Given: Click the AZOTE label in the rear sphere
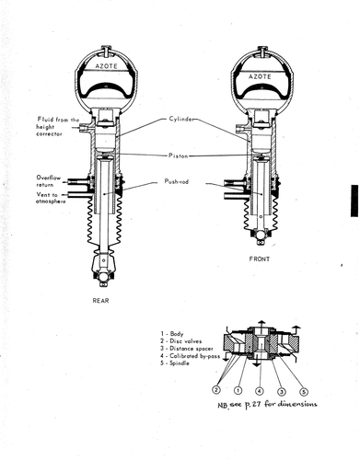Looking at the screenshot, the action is click(106, 66).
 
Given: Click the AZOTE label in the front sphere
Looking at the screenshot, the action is click(260, 76).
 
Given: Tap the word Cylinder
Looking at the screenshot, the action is click(181, 119).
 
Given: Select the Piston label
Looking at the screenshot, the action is click(178, 155).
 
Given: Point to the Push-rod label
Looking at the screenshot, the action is click(177, 181).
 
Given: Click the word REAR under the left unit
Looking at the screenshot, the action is click(100, 301).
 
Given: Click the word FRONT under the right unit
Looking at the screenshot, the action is click(260, 259).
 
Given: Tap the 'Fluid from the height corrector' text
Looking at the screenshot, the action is click(58, 127).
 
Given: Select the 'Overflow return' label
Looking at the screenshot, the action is click(49, 181).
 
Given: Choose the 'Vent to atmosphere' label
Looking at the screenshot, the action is click(51, 198).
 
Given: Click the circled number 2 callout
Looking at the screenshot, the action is click(216, 390).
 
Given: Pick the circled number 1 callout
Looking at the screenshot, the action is click(238, 390).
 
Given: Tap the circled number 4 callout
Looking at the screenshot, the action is click(260, 391).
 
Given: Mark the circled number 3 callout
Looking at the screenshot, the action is click(282, 391).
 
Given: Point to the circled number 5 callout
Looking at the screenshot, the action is click(303, 391).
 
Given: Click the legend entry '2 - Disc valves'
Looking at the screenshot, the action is click(180, 341).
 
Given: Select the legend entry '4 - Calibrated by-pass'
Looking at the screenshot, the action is click(190, 356).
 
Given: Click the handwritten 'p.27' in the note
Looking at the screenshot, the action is click(252, 405).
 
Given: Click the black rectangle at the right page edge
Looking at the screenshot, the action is click(354, 201).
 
